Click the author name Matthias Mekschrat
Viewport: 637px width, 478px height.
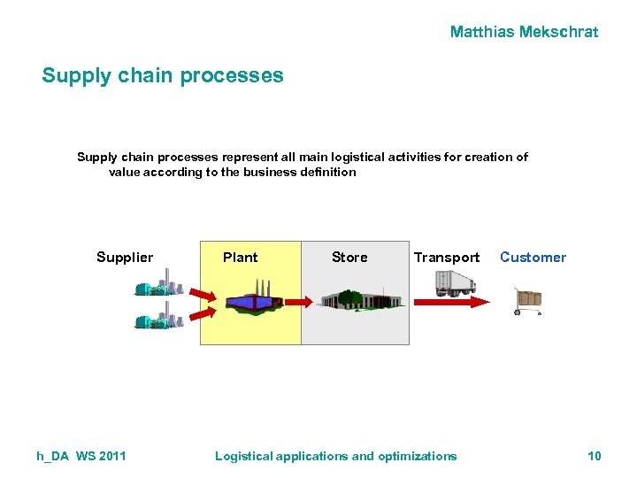524,32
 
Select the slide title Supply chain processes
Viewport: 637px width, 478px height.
163,75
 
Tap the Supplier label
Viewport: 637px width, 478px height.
125,258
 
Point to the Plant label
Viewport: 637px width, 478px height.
240,258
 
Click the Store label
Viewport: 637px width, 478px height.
349,258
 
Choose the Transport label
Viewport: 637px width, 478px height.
447,258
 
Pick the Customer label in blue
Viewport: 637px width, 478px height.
533,258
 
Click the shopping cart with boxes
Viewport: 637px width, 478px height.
528,301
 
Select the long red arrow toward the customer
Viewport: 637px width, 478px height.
451,302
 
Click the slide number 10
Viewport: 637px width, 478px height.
594,456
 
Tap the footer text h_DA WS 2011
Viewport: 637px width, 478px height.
81,456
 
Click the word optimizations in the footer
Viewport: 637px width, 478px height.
418,456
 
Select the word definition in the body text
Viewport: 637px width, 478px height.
326,172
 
